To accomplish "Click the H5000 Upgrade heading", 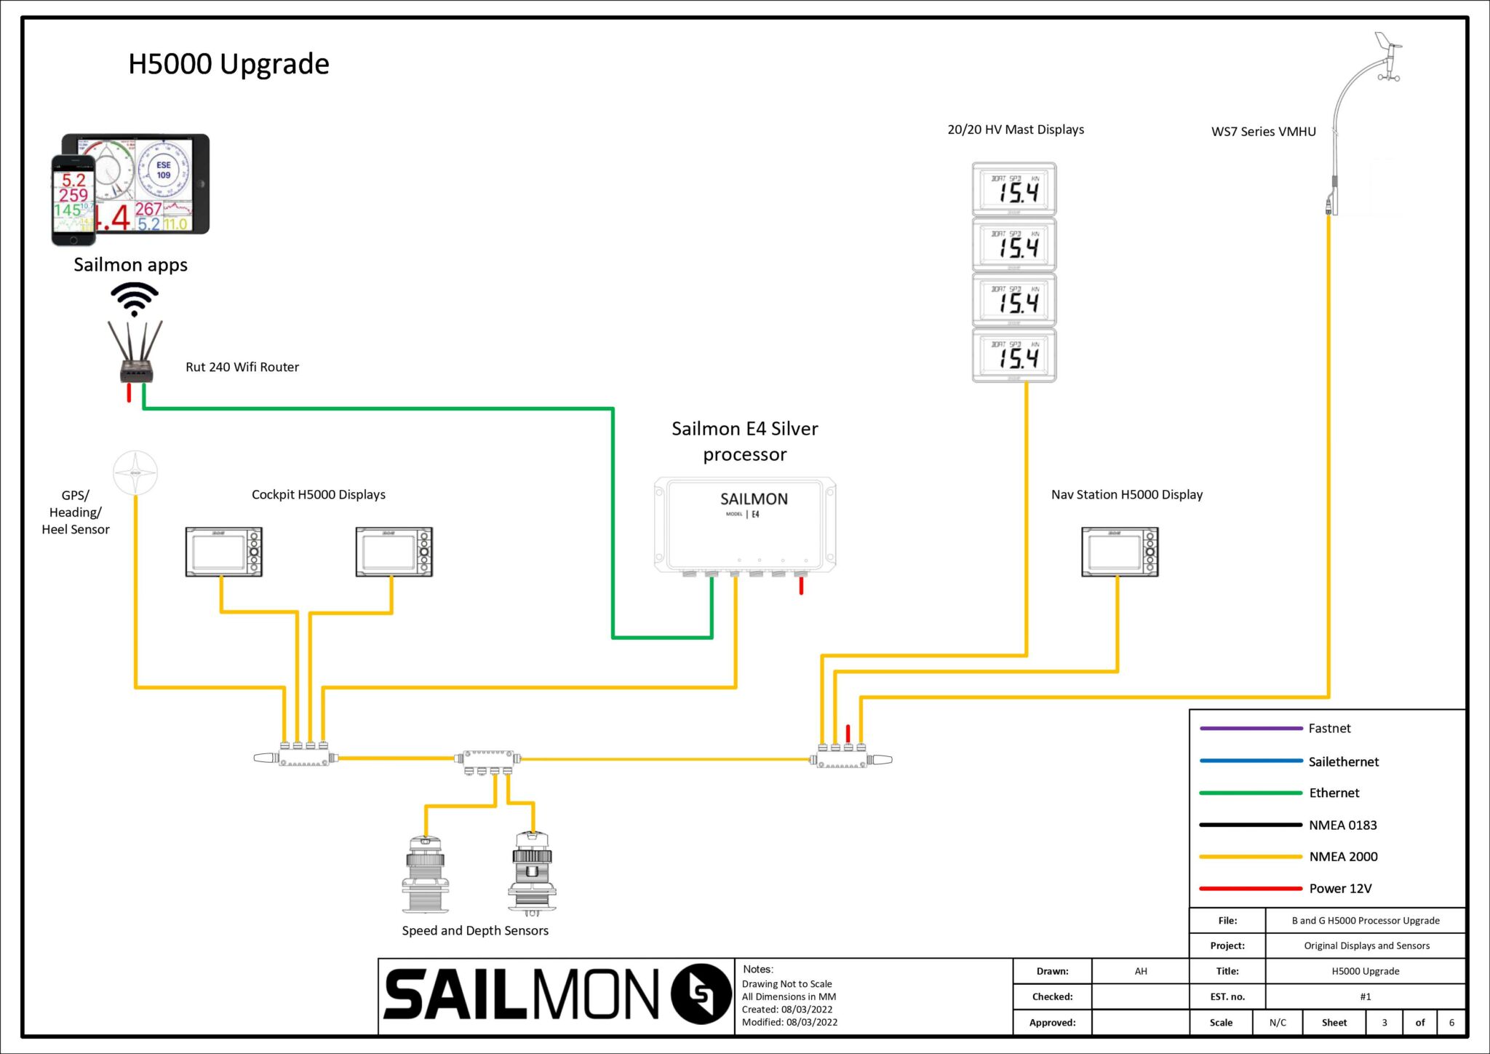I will [x=228, y=64].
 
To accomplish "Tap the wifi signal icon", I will [x=135, y=298].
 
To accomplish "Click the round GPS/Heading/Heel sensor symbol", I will [x=135, y=472].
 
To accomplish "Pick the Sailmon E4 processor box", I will [x=745, y=524].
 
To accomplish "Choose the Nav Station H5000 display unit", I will [x=1119, y=552].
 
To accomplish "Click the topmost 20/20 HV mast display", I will [x=1014, y=189].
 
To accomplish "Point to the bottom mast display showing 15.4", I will [x=1014, y=355].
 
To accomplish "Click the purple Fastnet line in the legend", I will [x=1251, y=728].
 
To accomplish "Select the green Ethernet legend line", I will [x=1251, y=793].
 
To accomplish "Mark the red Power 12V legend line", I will [x=1251, y=888].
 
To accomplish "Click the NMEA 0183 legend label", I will [x=1342, y=825].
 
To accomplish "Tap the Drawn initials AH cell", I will [x=1140, y=971].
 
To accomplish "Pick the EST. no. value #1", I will [x=1365, y=996].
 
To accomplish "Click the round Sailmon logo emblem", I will [x=701, y=994].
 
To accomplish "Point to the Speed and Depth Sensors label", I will [x=475, y=930].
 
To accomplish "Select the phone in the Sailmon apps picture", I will [x=73, y=200].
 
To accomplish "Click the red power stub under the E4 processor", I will [x=801, y=585].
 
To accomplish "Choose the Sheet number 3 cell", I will [x=1384, y=1022].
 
